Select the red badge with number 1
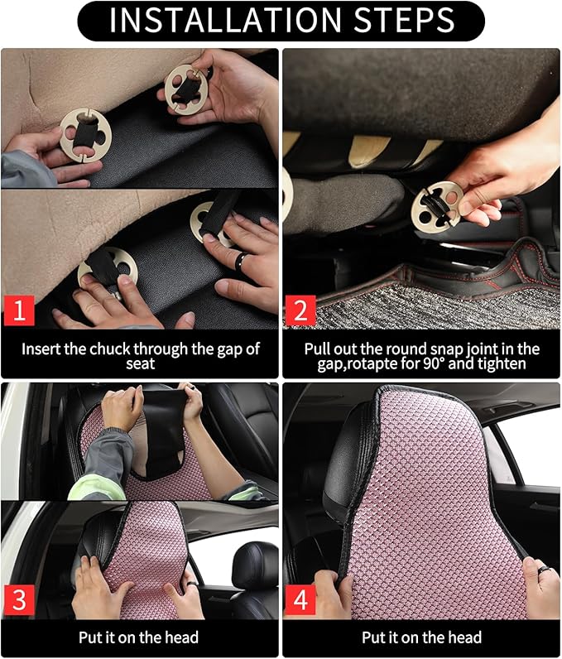[19, 311]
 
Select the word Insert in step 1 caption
[40, 349]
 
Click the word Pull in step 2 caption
[318, 349]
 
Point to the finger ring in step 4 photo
[545, 570]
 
